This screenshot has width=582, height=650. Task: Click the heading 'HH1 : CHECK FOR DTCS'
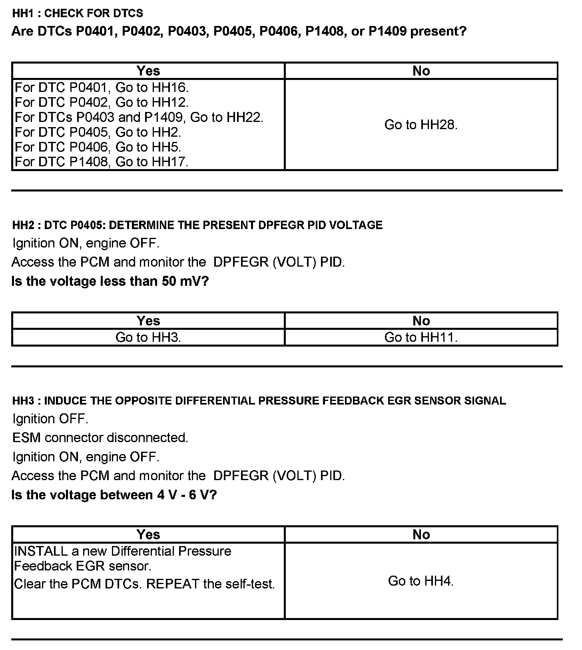(x=78, y=13)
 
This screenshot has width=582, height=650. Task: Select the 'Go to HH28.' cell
(x=421, y=125)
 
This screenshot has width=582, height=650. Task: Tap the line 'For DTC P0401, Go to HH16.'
(x=102, y=87)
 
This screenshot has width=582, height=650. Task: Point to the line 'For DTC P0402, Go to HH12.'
(x=102, y=102)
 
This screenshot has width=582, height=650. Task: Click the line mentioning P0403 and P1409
(x=139, y=117)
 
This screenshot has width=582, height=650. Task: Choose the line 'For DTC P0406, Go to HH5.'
(x=98, y=147)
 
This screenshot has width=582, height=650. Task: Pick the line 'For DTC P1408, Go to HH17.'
(x=102, y=162)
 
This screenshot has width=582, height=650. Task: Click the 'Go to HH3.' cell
(x=148, y=337)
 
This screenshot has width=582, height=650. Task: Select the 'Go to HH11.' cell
(x=421, y=337)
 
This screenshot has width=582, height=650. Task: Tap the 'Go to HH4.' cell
(x=421, y=581)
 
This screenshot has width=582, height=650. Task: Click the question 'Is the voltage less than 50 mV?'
(x=110, y=281)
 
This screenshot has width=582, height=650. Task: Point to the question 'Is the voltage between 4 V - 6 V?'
(x=114, y=495)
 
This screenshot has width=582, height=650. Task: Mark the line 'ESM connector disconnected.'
(x=100, y=438)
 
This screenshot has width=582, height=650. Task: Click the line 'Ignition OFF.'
(x=50, y=419)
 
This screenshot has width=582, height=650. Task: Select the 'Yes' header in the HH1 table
(x=148, y=71)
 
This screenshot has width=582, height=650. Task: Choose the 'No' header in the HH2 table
(x=421, y=321)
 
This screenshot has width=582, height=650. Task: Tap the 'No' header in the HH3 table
(x=421, y=534)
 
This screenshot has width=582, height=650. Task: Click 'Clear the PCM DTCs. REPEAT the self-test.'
(x=145, y=584)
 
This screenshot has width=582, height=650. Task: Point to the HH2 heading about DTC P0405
(x=197, y=225)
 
